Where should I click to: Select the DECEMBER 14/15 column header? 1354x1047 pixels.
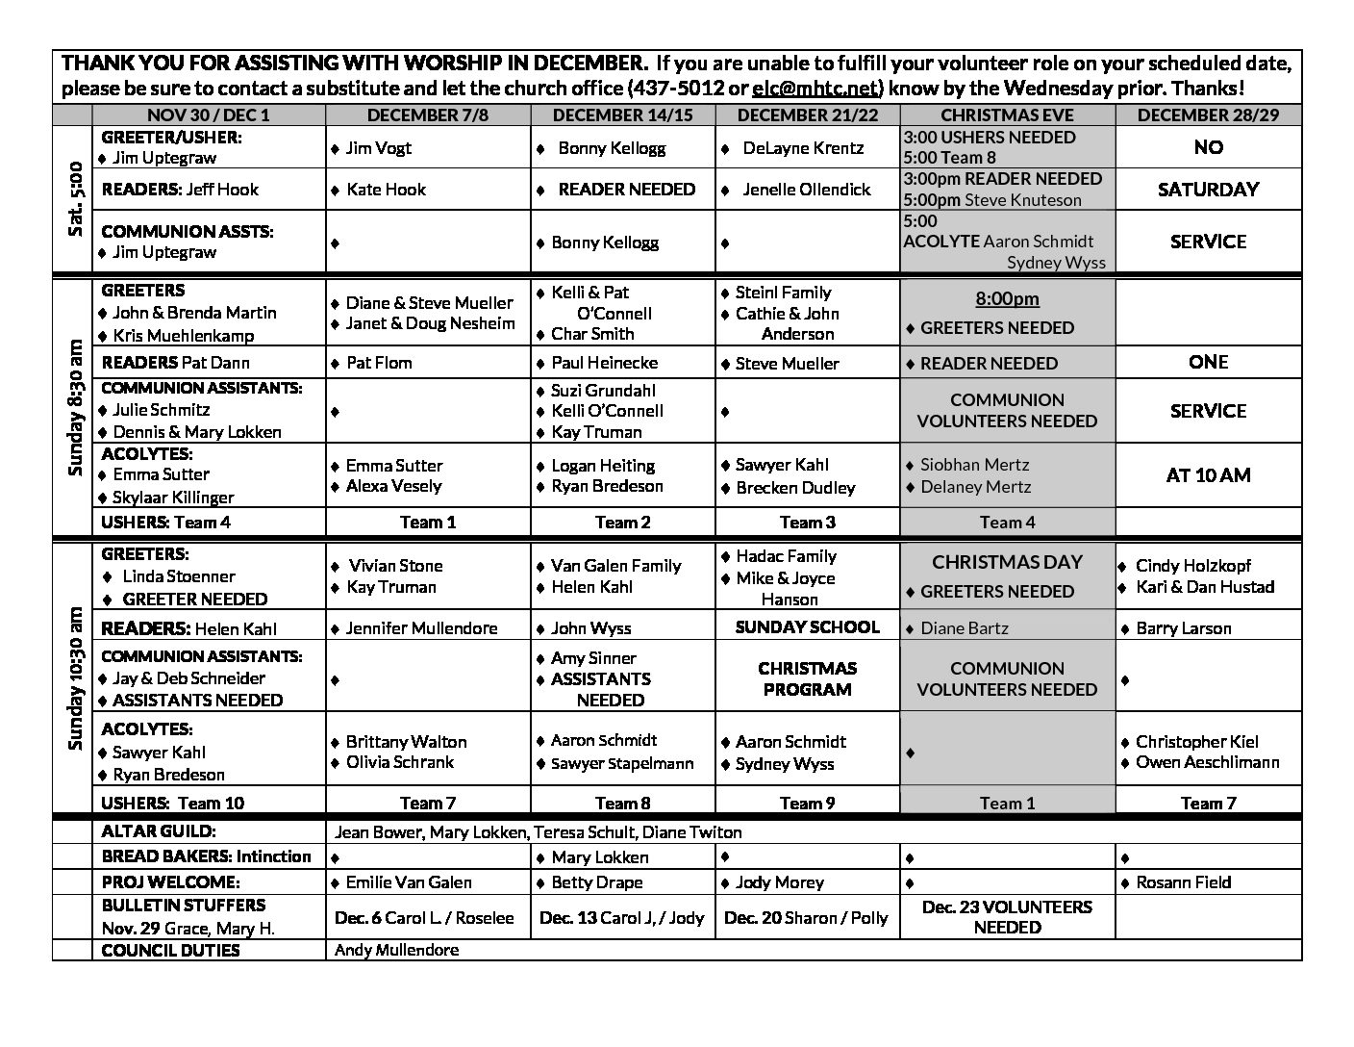click(623, 115)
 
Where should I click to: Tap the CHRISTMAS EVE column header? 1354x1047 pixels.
click(1007, 115)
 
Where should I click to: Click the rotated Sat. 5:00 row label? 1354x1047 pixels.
click(72, 199)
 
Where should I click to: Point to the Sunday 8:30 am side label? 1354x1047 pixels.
click(74, 408)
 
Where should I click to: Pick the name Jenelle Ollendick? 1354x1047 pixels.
click(806, 190)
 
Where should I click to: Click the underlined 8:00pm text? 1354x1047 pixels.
click(1007, 299)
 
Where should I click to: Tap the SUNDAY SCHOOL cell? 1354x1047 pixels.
click(807, 627)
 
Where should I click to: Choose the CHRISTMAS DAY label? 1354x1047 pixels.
click(1007, 562)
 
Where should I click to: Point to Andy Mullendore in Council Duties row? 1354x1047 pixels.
click(396, 950)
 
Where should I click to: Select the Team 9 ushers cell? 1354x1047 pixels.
click(807, 804)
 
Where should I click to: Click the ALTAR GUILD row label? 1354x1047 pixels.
click(159, 831)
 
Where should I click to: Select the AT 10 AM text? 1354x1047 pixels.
click(1208, 475)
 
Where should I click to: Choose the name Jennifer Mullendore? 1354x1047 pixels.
click(421, 628)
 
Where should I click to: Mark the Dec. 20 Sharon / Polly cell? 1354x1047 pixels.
click(806, 918)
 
